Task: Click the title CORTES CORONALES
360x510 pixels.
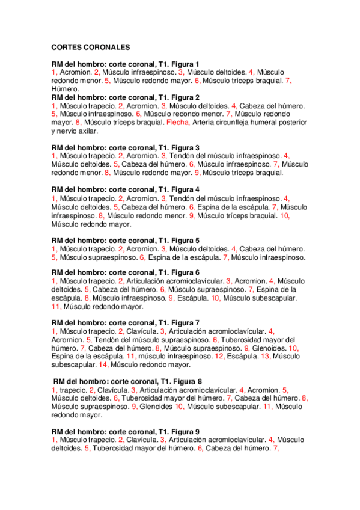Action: click(91, 46)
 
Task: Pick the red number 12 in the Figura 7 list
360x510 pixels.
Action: click(219, 355)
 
